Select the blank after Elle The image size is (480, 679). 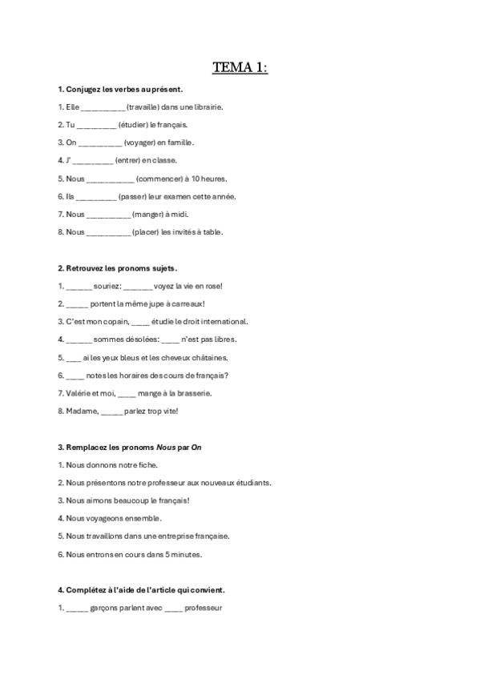click(x=103, y=107)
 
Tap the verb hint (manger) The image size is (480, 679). click(x=149, y=215)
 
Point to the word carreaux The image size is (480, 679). click(x=188, y=303)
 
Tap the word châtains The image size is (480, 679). click(x=208, y=357)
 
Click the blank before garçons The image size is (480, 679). click(x=77, y=608)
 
